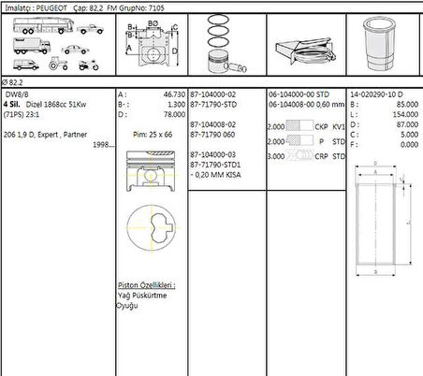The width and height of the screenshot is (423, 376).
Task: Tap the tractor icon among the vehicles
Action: pyautogui.click(x=56, y=65)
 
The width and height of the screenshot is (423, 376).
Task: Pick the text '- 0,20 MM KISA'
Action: pyautogui.click(x=218, y=174)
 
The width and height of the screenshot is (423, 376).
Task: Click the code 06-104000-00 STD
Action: pyautogui.click(x=299, y=94)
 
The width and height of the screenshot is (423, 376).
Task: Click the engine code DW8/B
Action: pyautogui.click(x=17, y=94)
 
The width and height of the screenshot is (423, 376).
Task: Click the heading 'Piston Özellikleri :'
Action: pyautogui.click(x=147, y=284)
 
